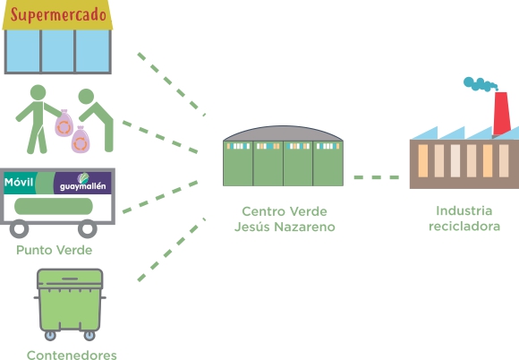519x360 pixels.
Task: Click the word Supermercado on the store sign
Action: point(58,15)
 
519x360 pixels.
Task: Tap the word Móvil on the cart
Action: point(19,182)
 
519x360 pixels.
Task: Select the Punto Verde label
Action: point(55,250)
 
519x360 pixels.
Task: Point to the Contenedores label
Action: point(72,355)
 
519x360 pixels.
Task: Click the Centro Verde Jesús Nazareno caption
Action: point(285,219)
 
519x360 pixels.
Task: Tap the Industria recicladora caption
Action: point(464,219)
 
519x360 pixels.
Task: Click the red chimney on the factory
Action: point(501,113)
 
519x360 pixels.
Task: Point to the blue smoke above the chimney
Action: point(481,84)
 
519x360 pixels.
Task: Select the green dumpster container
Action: point(70,304)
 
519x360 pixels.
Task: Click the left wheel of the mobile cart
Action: point(19,228)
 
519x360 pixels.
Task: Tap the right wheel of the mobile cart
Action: point(88,228)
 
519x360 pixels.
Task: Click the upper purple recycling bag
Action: point(64,124)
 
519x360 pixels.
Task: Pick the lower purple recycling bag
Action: point(81,140)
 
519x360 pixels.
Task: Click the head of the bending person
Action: point(86,96)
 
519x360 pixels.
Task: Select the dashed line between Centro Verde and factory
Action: point(377,177)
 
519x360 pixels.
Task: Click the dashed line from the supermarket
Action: point(172,84)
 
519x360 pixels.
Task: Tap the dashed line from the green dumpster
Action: point(172,250)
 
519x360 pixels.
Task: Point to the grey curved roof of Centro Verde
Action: point(283,133)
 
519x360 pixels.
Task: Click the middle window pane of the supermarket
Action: point(58,51)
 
